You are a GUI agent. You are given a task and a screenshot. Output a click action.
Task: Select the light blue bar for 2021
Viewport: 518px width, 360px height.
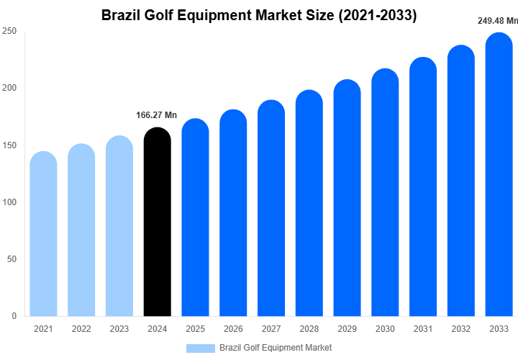click(43, 234)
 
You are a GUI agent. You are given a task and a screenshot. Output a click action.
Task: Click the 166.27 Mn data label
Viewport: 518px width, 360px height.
click(156, 115)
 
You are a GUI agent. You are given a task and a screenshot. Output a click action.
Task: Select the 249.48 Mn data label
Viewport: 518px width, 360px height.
click(498, 21)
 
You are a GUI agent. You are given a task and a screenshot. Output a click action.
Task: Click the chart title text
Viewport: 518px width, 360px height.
click(259, 14)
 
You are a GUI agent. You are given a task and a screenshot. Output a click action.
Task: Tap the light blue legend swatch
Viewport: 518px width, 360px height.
click(200, 348)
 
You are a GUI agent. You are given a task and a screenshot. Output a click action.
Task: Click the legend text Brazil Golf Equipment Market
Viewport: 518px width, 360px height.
click(276, 348)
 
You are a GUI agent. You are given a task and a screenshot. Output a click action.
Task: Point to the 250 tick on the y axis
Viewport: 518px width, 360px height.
click(9, 32)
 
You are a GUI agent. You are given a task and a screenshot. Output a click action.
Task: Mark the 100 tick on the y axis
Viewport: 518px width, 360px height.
click(9, 202)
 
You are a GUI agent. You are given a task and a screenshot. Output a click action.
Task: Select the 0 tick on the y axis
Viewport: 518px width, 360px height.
click(14, 316)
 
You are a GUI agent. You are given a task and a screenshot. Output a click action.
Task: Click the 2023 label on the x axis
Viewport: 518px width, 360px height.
click(119, 329)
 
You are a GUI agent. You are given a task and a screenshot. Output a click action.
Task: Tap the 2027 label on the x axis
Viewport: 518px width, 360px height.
click(271, 329)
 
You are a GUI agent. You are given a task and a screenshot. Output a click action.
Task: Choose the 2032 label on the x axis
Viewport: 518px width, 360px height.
click(461, 329)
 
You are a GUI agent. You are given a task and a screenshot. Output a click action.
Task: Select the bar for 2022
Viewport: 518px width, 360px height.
click(81, 230)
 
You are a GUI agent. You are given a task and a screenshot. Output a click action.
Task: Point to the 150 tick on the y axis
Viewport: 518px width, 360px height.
click(9, 145)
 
